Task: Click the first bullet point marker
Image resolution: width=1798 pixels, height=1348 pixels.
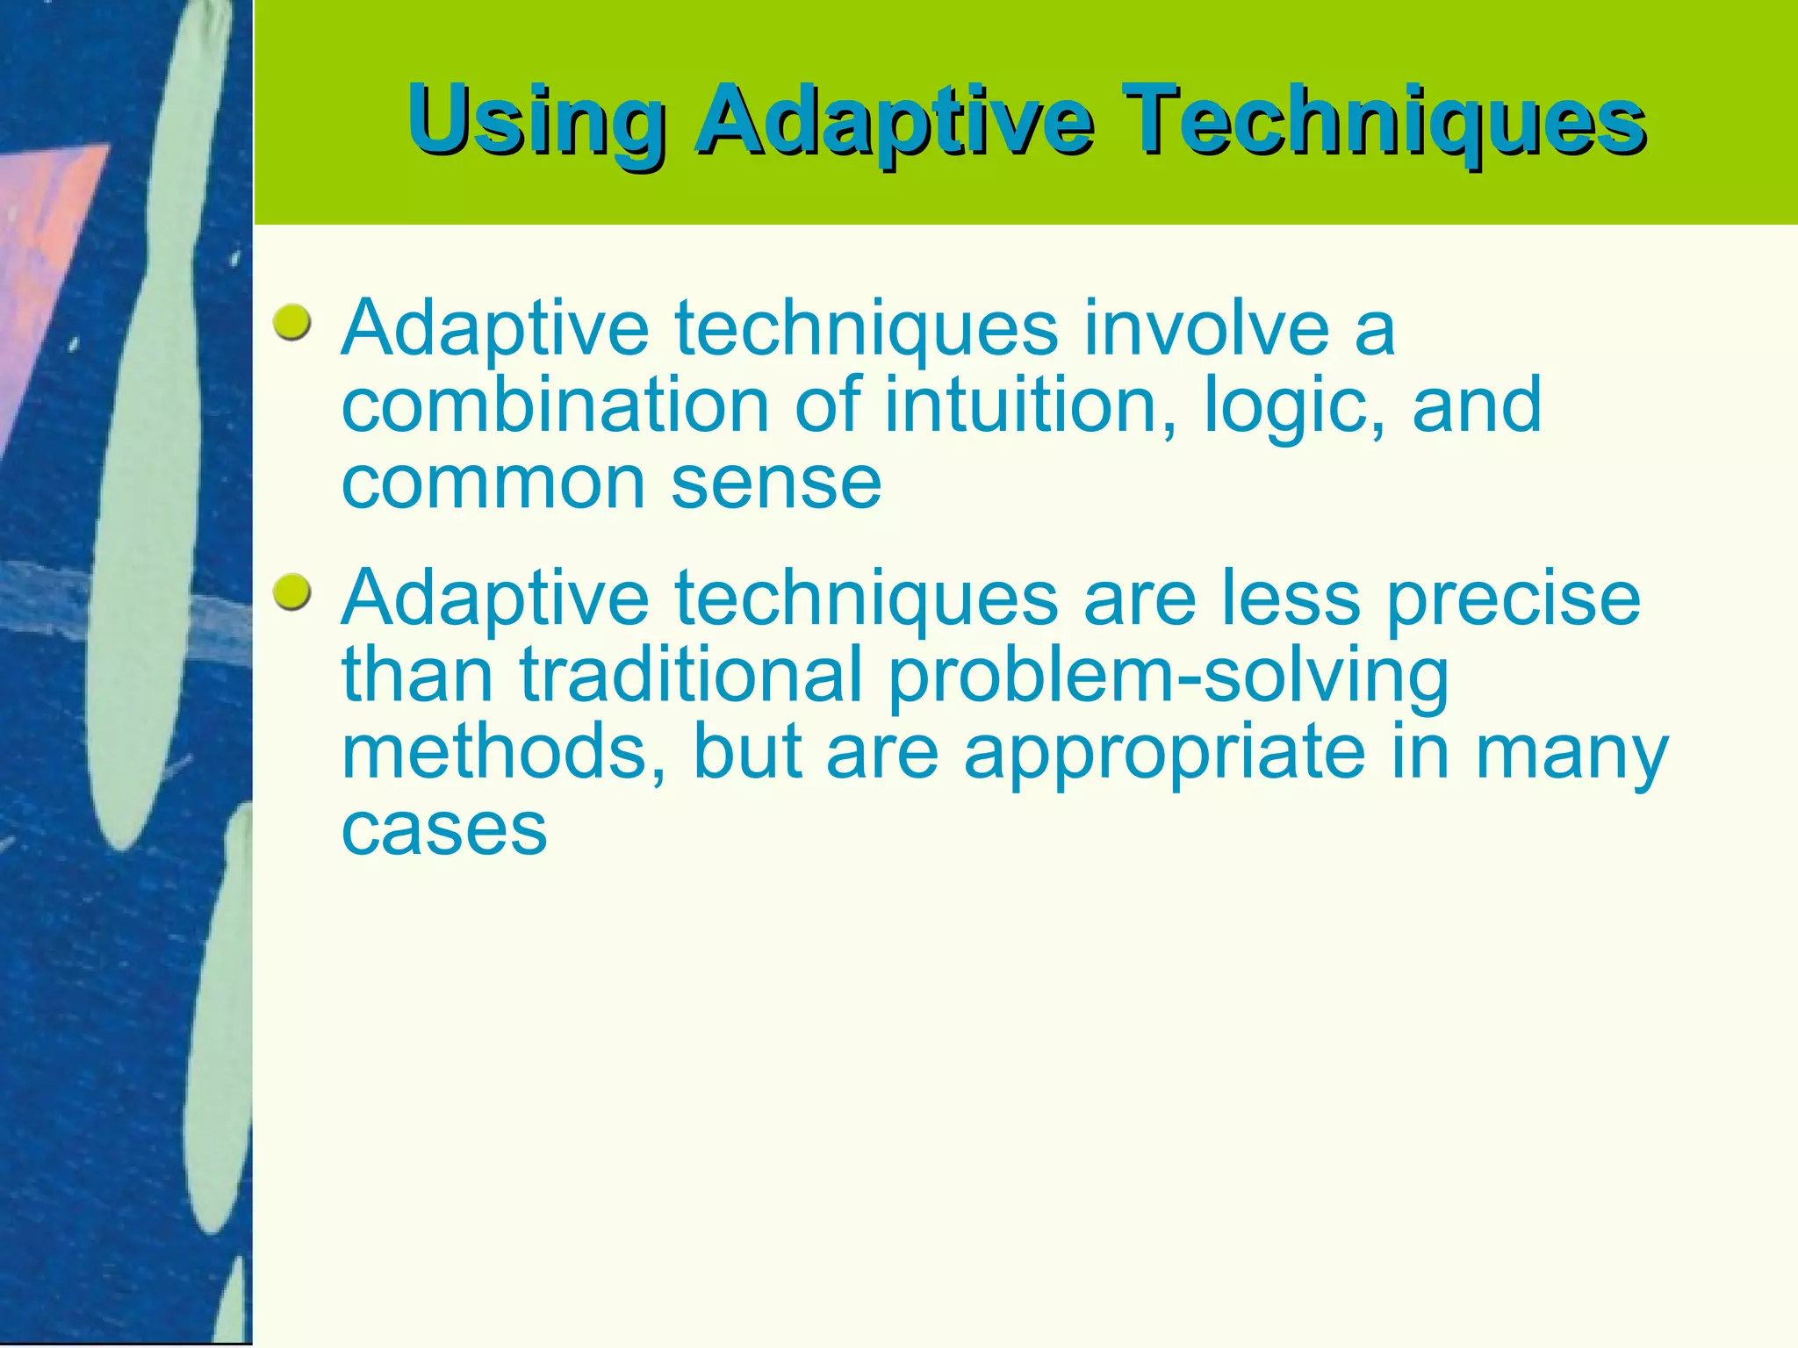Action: point(291,324)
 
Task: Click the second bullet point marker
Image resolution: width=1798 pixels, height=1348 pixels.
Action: point(291,594)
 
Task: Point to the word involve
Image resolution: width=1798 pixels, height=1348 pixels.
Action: point(1205,328)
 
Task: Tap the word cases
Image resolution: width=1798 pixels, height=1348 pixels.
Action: point(444,829)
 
